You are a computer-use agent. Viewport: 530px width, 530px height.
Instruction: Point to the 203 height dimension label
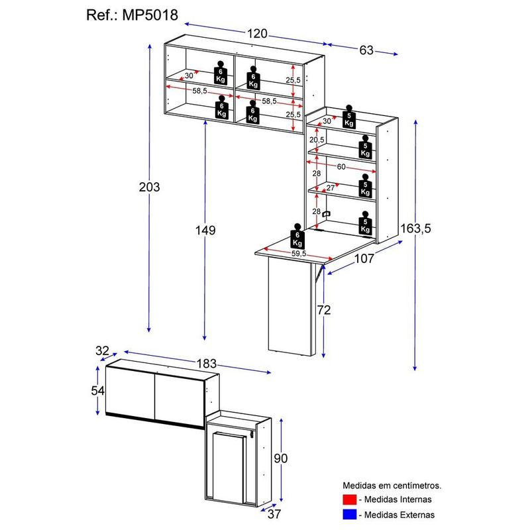150,187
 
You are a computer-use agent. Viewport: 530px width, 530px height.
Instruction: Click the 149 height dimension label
206,230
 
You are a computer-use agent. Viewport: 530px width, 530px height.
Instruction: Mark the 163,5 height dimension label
416,229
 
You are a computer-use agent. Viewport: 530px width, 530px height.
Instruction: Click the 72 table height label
323,309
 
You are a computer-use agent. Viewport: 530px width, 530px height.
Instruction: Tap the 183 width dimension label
207,363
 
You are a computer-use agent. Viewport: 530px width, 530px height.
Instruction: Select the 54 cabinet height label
97,390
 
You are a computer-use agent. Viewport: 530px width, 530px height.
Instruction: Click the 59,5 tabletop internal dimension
298,254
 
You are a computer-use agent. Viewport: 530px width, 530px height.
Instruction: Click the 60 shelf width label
341,166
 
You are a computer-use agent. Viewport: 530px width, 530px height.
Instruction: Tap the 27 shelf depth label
331,187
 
